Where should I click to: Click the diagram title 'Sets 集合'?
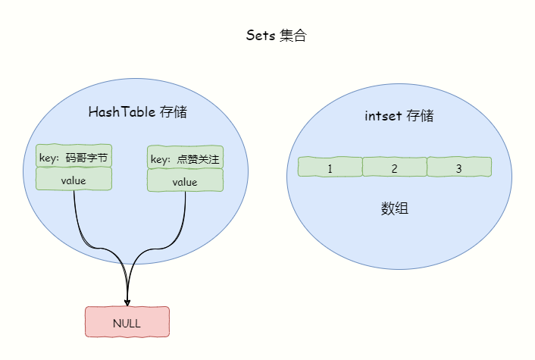click(x=276, y=36)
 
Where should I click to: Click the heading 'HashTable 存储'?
click(x=137, y=112)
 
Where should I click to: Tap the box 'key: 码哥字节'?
click(x=74, y=158)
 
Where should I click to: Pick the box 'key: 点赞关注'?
click(x=185, y=158)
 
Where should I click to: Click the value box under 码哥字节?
click(x=74, y=180)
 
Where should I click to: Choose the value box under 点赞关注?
click(x=185, y=181)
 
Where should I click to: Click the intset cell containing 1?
click(x=330, y=167)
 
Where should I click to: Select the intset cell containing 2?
click(x=394, y=167)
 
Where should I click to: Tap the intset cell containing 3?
click(x=458, y=167)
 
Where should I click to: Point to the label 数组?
click(x=394, y=208)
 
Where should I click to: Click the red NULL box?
click(x=127, y=322)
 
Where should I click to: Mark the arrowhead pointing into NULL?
click(x=127, y=303)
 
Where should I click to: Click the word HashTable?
click(x=121, y=112)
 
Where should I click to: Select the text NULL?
click(x=127, y=323)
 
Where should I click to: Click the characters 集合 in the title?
click(x=294, y=36)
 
